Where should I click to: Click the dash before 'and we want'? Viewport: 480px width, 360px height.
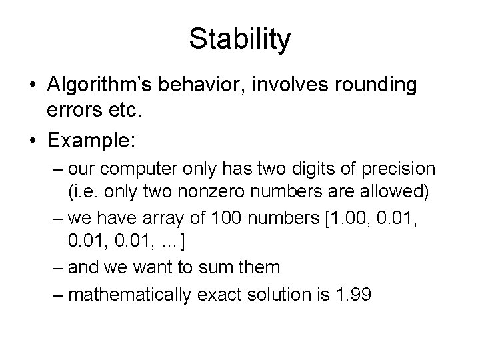(57, 267)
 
